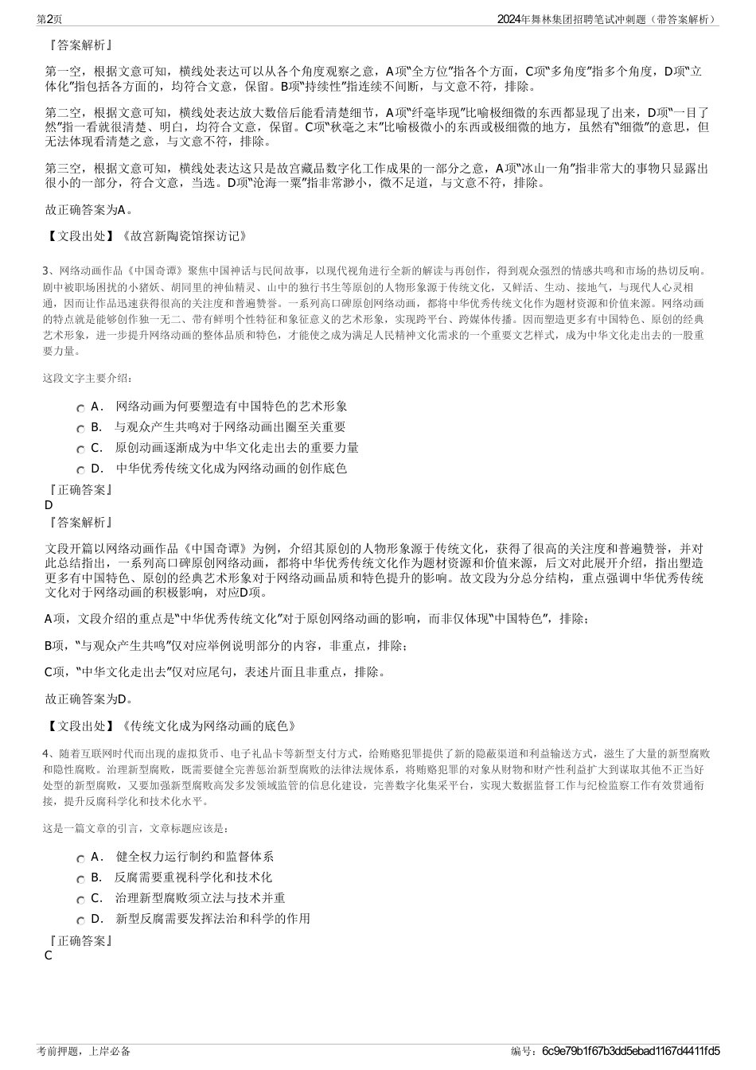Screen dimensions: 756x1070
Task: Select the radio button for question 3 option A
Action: [81, 408]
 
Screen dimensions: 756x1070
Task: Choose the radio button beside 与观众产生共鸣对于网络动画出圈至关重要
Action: [81, 429]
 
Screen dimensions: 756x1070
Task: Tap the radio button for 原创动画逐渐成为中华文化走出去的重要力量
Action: [81, 449]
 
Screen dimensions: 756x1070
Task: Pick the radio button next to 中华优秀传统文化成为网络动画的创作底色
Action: [81, 470]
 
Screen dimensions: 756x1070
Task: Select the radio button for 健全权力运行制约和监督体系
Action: [81, 858]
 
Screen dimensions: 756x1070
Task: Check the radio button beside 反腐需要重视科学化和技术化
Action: [81, 879]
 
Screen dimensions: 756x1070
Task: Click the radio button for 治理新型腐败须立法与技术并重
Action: [81, 900]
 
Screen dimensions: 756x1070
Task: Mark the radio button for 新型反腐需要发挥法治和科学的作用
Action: [81, 920]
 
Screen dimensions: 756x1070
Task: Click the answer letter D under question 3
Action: [49, 505]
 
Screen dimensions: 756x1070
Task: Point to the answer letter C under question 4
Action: [49, 955]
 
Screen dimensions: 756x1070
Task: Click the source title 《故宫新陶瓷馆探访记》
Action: [183, 236]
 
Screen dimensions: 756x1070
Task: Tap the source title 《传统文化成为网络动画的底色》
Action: [208, 726]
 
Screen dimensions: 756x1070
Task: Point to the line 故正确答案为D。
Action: [89, 699]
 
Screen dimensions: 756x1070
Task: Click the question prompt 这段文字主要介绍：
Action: [88, 378]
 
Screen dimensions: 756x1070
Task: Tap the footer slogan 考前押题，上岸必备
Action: [84, 1051]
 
